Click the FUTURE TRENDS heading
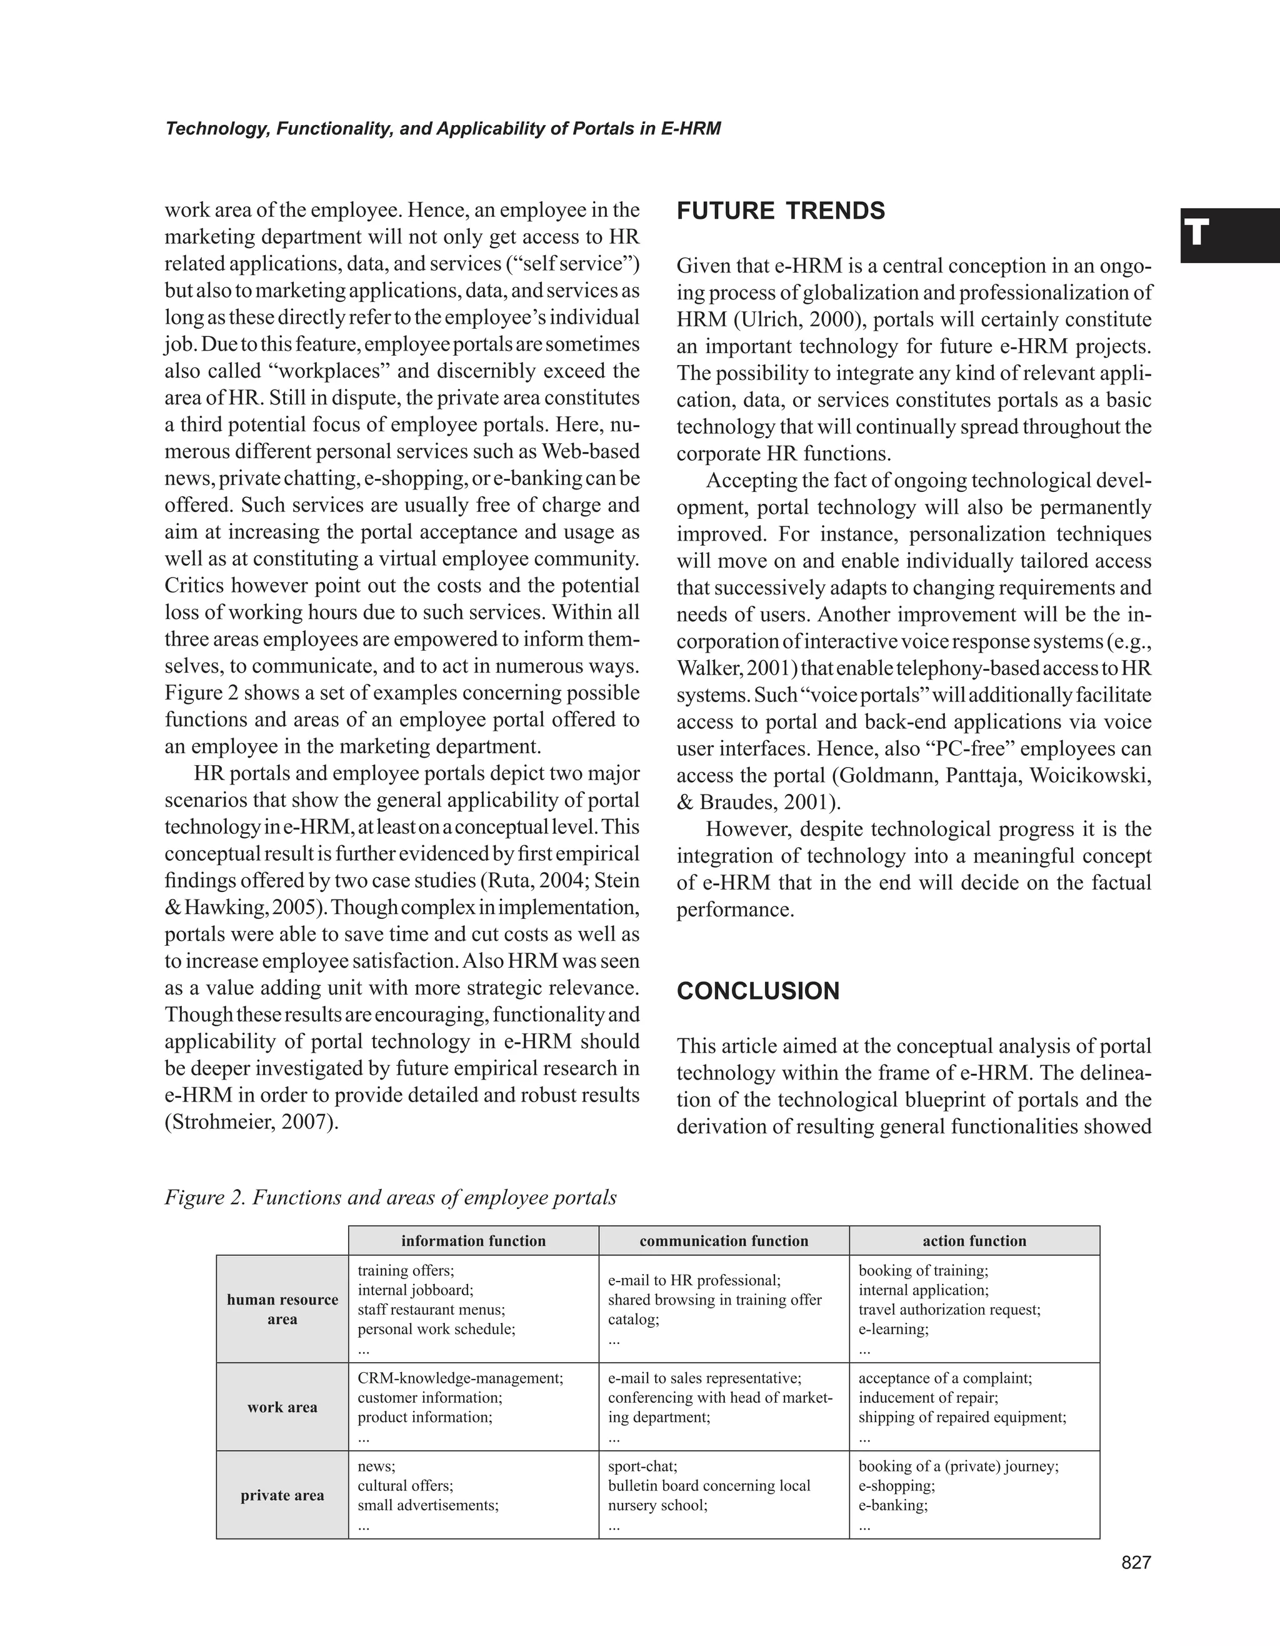781,211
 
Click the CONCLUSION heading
758,991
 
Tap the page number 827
1136,1563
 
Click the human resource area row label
282,1309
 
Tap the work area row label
282,1407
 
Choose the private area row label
282,1495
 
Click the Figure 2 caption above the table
390,1198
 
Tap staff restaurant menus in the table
430,1310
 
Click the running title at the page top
443,129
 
